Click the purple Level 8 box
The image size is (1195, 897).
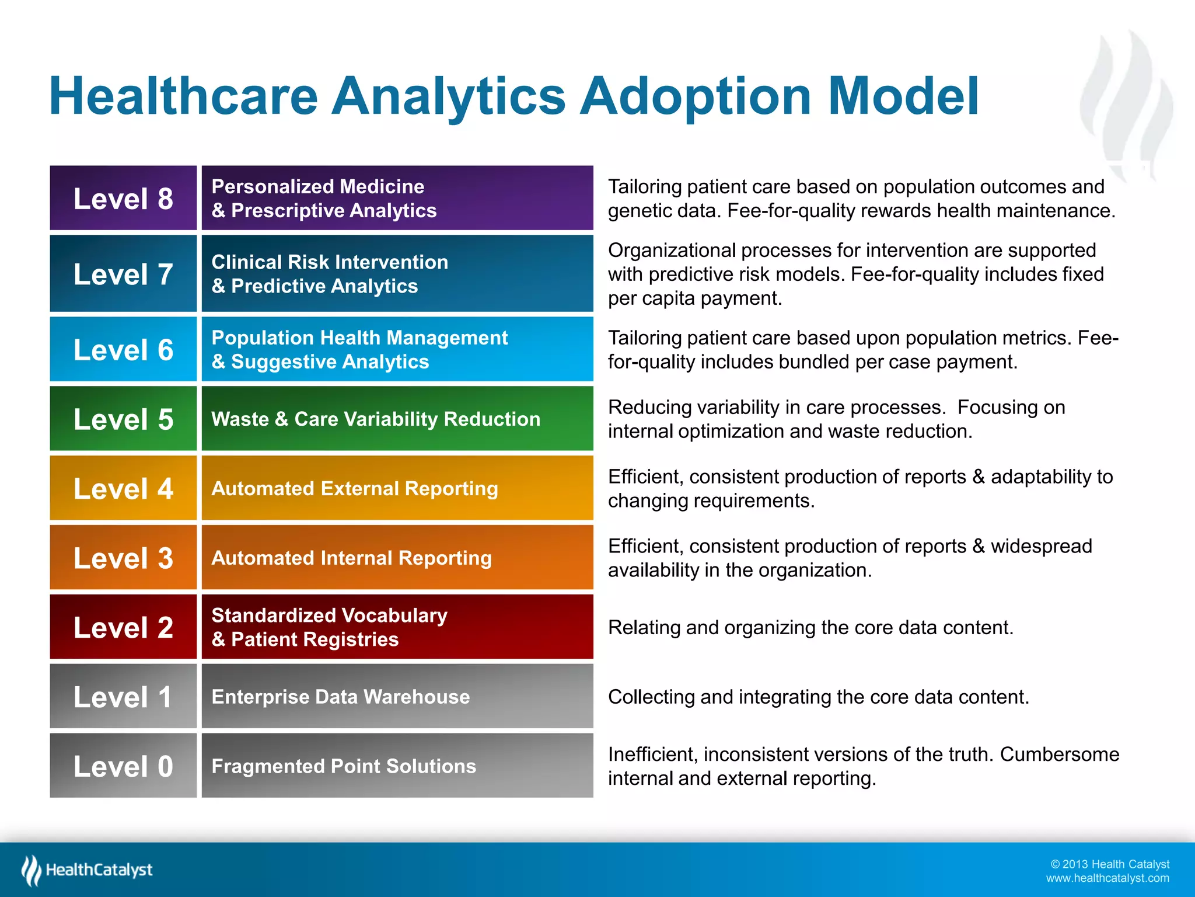pyautogui.click(x=123, y=199)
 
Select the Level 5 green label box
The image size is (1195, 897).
pyautogui.click(x=123, y=419)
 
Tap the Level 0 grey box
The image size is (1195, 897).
pyautogui.click(x=123, y=766)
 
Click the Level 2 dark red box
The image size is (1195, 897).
pyautogui.click(x=123, y=627)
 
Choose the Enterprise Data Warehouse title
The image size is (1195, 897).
pyautogui.click(x=340, y=697)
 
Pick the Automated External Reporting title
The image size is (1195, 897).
pyautogui.click(x=354, y=488)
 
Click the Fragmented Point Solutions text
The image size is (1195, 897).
pyautogui.click(x=344, y=766)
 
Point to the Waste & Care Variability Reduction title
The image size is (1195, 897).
pyautogui.click(x=375, y=419)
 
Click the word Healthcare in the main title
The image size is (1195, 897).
pyautogui.click(x=183, y=96)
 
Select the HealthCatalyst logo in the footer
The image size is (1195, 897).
pyautogui.click(x=88, y=870)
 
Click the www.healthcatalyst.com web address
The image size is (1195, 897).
pyautogui.click(x=1107, y=878)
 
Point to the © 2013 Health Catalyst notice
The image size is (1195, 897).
pyautogui.click(x=1110, y=864)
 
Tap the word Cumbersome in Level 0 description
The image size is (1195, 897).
pyautogui.click(x=1059, y=755)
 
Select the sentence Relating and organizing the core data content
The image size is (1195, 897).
pyautogui.click(x=810, y=627)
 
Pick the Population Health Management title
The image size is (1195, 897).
pyautogui.click(x=359, y=338)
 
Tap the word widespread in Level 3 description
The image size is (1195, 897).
pyautogui.click(x=1041, y=546)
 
